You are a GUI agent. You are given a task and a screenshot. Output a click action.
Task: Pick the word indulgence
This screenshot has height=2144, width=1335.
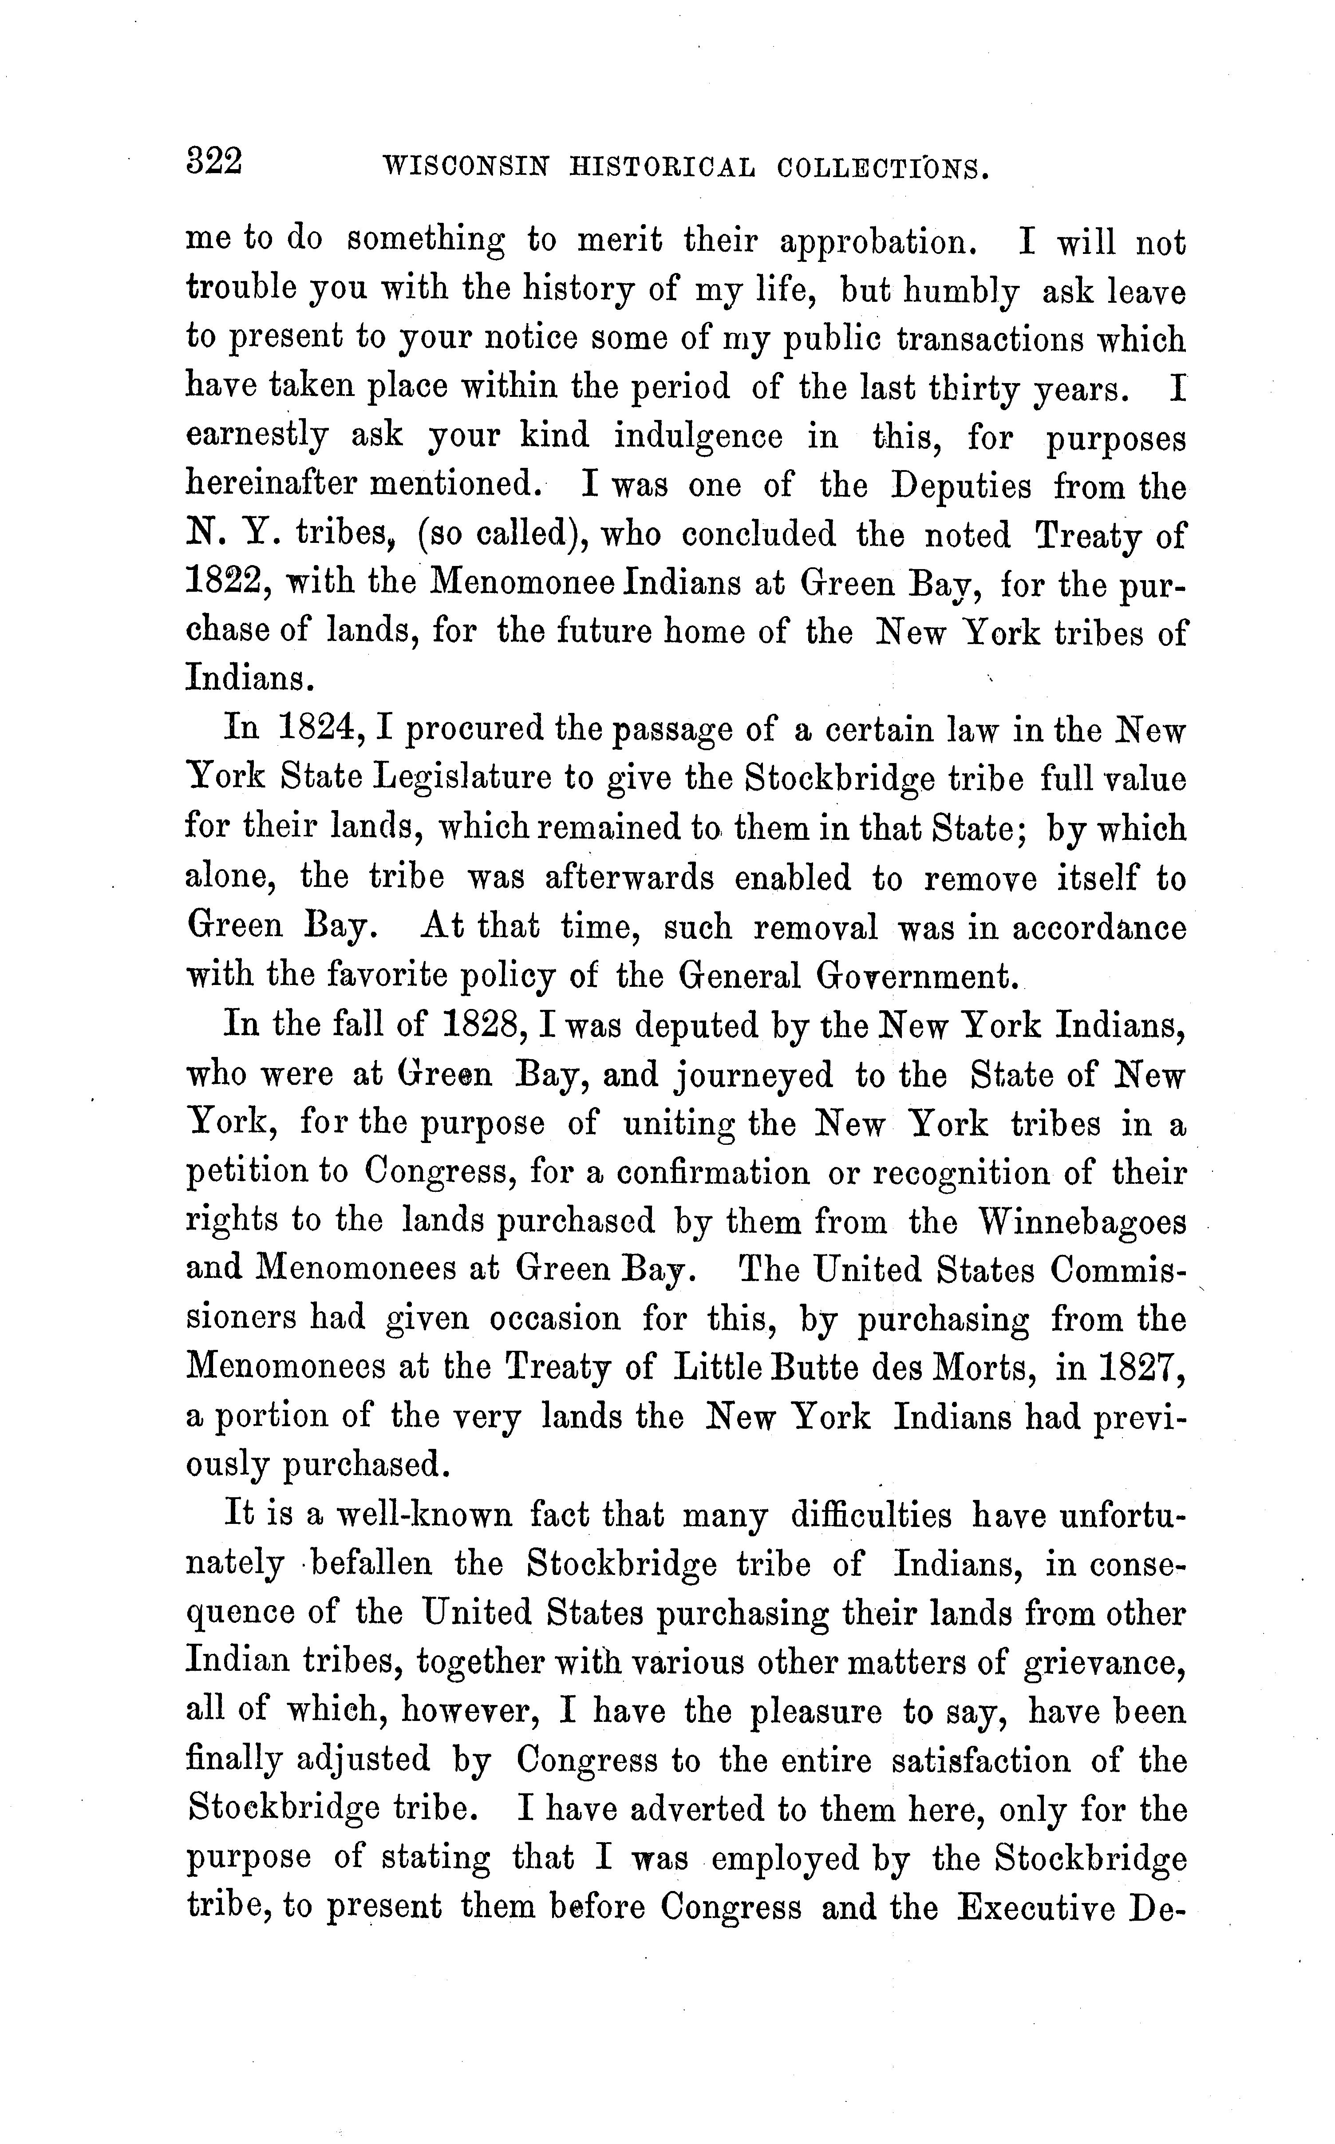click(x=699, y=436)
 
